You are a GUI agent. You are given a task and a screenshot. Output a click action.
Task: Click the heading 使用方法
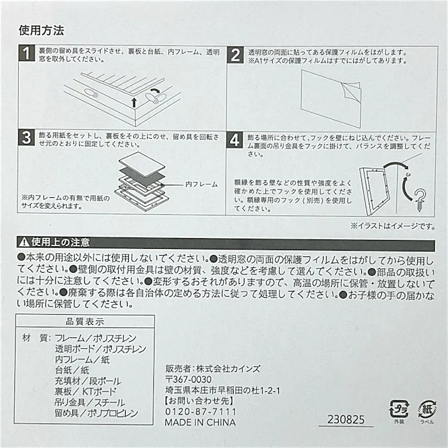[x=41, y=30]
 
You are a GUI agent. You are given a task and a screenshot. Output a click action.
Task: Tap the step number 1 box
[x=26, y=53]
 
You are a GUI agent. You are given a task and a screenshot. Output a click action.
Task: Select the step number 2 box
[x=236, y=55]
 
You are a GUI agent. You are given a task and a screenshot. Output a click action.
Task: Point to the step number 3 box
[x=26, y=138]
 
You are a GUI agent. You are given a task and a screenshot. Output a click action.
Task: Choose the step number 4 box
[x=234, y=140]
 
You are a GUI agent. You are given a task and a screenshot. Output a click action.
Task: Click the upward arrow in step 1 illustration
[x=134, y=102]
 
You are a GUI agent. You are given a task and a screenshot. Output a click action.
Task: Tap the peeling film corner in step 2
[x=351, y=90]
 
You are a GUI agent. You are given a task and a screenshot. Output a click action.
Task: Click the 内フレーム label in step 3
[x=202, y=184]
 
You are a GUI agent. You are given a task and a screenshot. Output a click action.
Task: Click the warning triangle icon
[x=24, y=243]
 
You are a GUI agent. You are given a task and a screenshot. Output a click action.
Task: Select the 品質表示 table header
[x=85, y=322]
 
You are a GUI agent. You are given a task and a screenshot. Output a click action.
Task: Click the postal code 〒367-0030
[x=188, y=380]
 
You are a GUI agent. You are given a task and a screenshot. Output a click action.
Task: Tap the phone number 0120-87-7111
[x=201, y=412]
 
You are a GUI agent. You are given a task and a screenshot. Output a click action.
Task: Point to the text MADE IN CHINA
[x=200, y=422]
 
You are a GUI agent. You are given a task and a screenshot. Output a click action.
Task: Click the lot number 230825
[x=346, y=420]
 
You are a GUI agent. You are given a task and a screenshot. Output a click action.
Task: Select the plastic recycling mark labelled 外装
[x=399, y=412]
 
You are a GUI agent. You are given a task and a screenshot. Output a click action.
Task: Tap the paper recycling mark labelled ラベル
[x=427, y=412]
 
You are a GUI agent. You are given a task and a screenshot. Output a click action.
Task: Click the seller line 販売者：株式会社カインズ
[x=213, y=369]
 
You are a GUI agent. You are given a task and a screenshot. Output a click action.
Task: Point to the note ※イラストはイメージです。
[x=393, y=226]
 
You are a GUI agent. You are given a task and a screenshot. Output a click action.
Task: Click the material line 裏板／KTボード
[x=85, y=391]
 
